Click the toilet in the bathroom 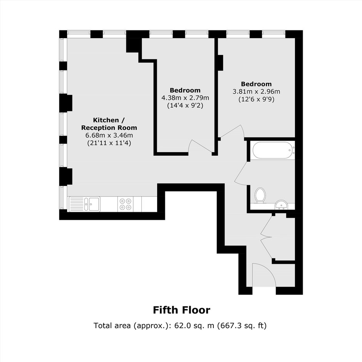click(260, 195)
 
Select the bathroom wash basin click(281, 204)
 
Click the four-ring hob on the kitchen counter click(126, 204)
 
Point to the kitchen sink click(84, 204)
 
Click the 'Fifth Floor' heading click(181, 310)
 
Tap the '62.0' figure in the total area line click(181, 325)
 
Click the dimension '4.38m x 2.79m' click(185, 98)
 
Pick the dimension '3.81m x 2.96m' click(256, 91)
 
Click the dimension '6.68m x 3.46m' click(109, 135)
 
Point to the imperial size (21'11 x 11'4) click(109, 143)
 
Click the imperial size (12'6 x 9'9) click(256, 99)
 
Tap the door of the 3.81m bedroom click(231, 132)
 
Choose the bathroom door click(241, 173)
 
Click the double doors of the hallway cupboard click(266, 237)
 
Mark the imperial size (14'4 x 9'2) click(185, 106)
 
